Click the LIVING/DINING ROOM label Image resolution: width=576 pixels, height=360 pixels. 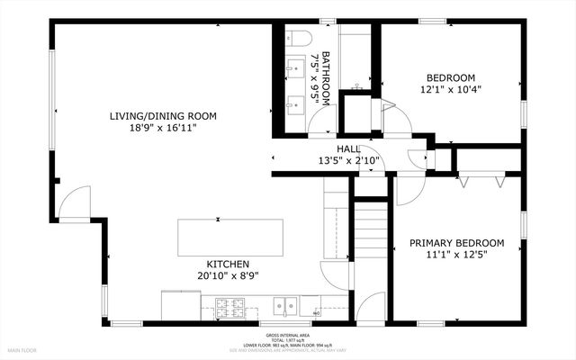click(163, 116)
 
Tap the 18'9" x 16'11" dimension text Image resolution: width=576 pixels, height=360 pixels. click(163, 129)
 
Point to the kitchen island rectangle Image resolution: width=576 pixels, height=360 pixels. click(230, 237)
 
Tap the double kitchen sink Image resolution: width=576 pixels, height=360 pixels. click(285, 307)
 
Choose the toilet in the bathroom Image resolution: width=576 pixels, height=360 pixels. click(300, 37)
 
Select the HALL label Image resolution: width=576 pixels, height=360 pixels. click(348, 148)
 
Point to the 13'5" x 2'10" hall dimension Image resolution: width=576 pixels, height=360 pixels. click(349, 161)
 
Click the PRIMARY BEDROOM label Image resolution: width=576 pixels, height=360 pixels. click(456, 243)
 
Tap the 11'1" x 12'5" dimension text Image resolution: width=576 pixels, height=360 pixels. click(456, 256)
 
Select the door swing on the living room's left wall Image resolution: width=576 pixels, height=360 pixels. click(74, 202)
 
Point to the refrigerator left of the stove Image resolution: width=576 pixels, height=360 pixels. click(175, 305)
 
